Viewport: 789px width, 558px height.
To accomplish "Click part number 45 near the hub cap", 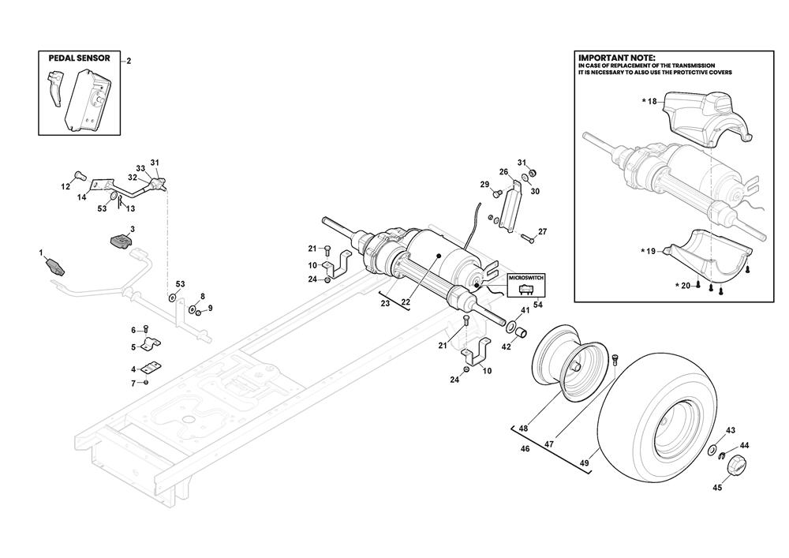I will [x=716, y=487].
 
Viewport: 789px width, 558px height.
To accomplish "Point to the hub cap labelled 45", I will [x=735, y=464].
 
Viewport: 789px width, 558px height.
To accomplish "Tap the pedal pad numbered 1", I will [x=55, y=265].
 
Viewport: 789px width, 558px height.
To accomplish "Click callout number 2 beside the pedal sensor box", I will [x=129, y=61].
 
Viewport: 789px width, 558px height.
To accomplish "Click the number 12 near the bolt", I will [x=66, y=186].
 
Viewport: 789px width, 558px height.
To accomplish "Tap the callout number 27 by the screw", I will [x=542, y=232].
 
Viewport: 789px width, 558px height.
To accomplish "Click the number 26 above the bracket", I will [x=503, y=171].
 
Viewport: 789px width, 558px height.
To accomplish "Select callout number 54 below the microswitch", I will [x=537, y=305].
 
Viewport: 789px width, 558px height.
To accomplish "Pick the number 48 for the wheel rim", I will [x=522, y=429].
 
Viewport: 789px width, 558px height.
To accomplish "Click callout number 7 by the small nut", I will [x=133, y=383].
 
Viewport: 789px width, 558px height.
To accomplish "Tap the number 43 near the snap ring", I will [x=731, y=430].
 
